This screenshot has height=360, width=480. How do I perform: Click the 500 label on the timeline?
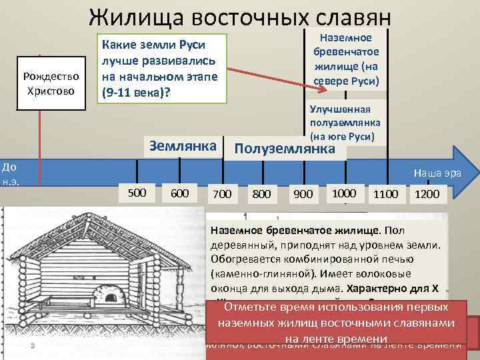point(136,192)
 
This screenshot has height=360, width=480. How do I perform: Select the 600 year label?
point(179,193)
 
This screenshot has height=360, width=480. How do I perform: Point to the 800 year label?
point(262,195)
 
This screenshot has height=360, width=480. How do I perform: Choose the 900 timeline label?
point(303,194)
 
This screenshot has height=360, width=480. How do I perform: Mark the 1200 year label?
point(427,194)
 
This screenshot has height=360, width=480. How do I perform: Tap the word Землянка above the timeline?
point(183,145)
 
